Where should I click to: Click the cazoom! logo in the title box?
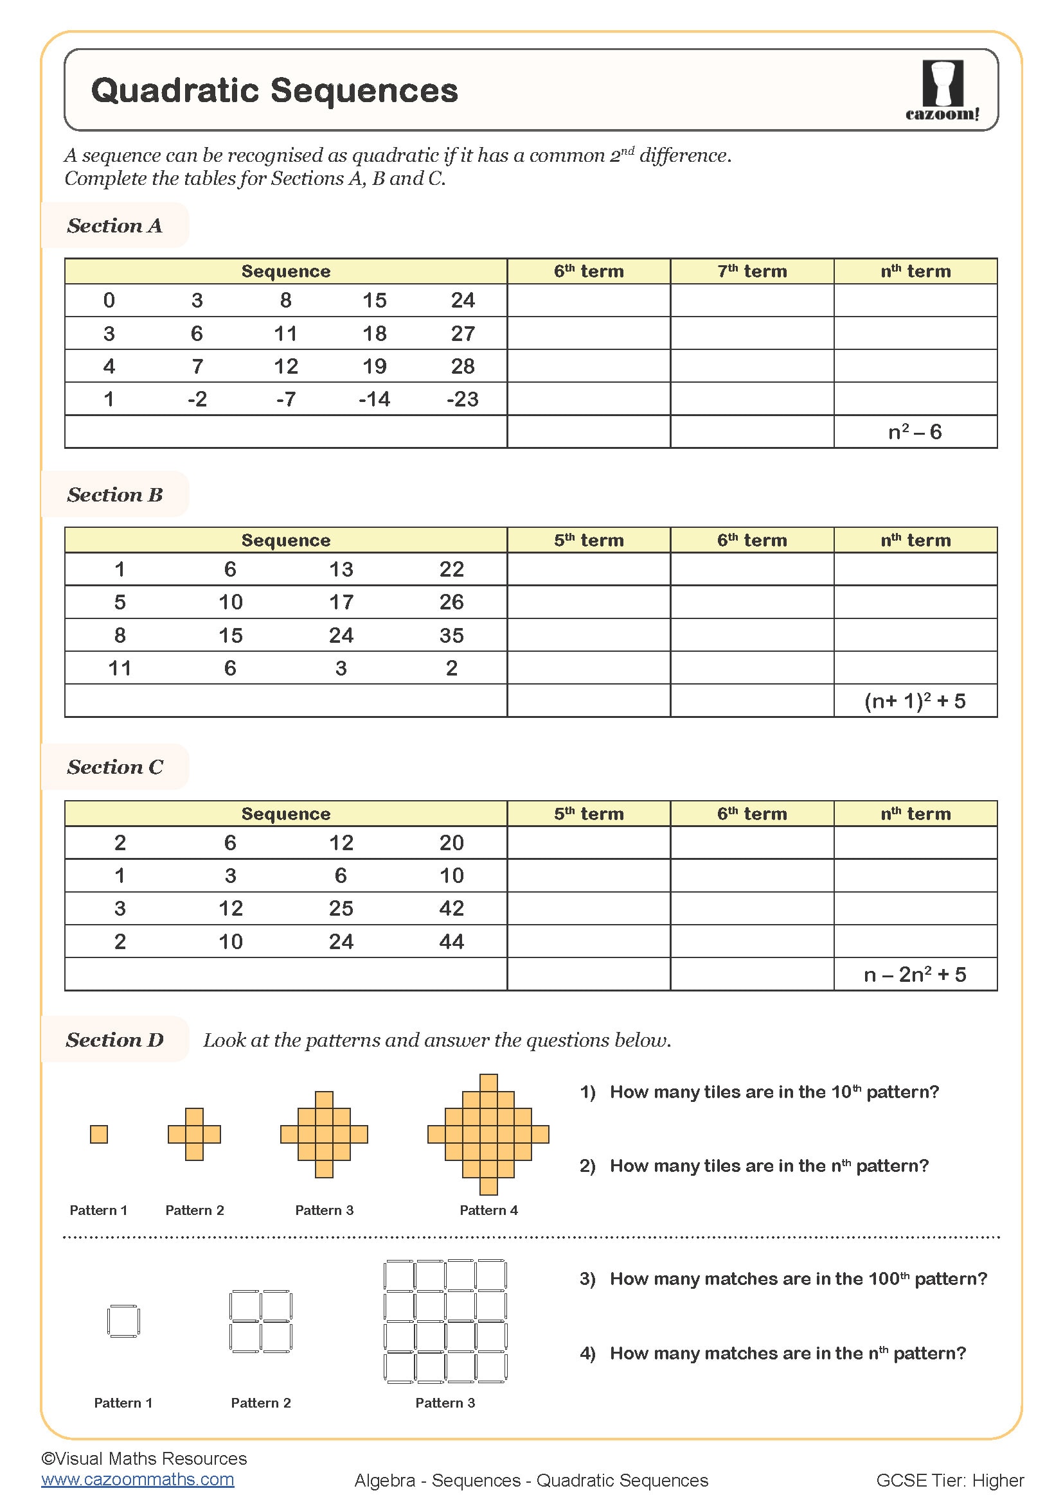[942, 90]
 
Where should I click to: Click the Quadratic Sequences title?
[274, 91]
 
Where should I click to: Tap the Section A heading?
[114, 225]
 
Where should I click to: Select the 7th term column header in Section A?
[751, 271]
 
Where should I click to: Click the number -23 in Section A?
[462, 399]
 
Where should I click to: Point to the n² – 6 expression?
[915, 432]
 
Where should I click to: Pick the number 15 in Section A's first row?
[375, 301]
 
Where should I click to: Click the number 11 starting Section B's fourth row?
[120, 668]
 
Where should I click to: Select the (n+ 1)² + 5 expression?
[915, 701]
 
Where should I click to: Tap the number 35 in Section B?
[451, 635]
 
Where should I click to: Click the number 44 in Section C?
[451, 941]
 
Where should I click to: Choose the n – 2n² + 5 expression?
[915, 975]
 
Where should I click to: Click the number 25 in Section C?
[341, 908]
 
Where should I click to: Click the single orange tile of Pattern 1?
[99, 1133]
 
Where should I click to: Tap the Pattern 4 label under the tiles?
[488, 1210]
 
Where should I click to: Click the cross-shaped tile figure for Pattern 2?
[194, 1133]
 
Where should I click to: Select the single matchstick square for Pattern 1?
[123, 1320]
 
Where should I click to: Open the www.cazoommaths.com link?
[138, 1479]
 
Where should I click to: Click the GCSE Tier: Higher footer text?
[949, 1480]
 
